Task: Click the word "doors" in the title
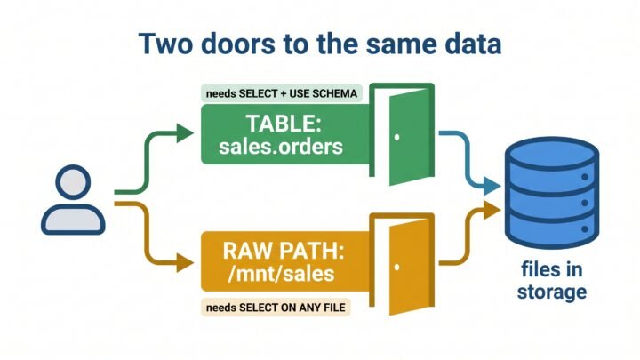click(238, 44)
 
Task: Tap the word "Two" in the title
click(165, 44)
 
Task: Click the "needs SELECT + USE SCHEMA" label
click(282, 93)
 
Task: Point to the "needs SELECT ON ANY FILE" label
click(276, 308)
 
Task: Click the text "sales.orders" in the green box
click(281, 147)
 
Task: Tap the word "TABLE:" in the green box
click(284, 124)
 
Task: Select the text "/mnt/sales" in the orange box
click(281, 274)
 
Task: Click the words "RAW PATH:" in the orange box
click(284, 251)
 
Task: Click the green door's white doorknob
click(396, 138)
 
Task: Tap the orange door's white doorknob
click(396, 268)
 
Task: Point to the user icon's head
click(73, 182)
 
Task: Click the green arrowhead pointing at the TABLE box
click(185, 133)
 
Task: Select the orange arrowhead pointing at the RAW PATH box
click(185, 262)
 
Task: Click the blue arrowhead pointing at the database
click(492, 186)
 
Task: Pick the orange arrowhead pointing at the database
click(492, 210)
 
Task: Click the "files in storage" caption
click(552, 281)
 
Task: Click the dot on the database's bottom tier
click(585, 229)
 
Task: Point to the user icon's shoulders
click(73, 220)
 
